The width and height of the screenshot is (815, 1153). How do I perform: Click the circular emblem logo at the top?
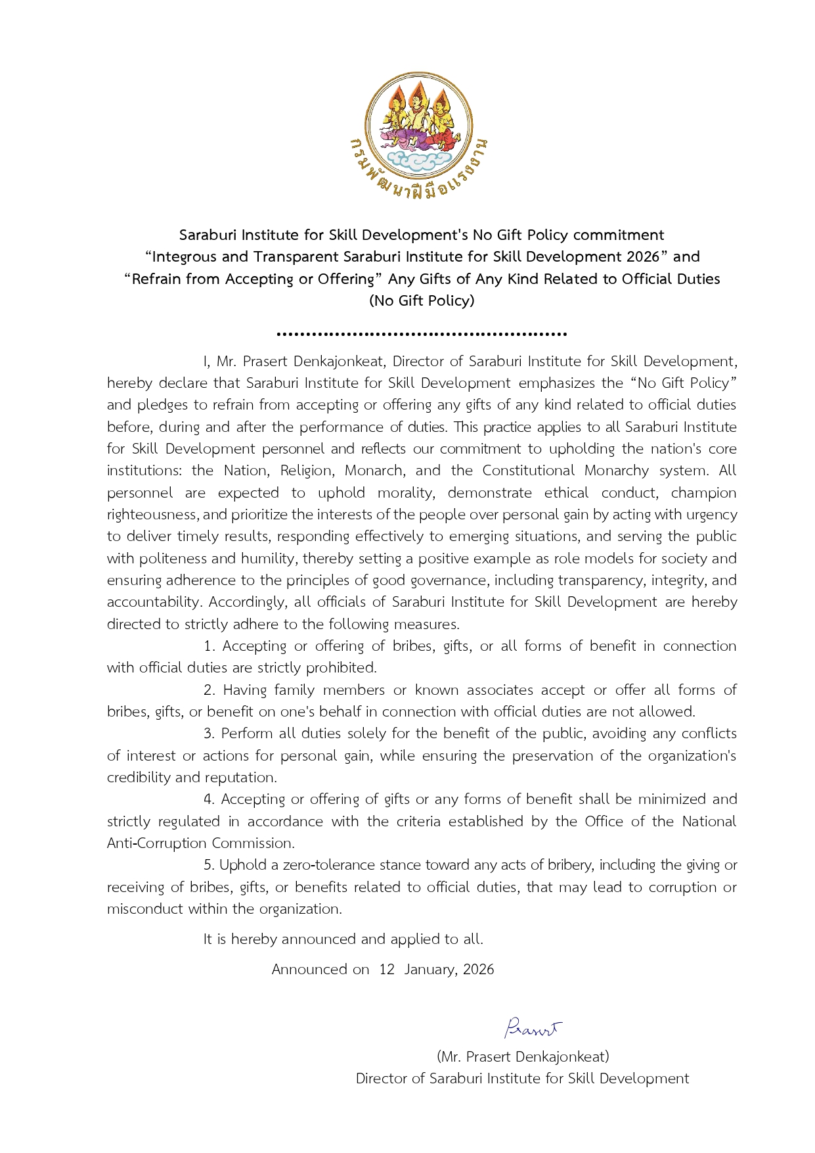pyautogui.click(x=419, y=126)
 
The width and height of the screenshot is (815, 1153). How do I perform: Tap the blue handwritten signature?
pyautogui.click(x=533, y=1027)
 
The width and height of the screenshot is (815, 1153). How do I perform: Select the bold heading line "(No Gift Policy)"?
pyautogui.click(x=422, y=301)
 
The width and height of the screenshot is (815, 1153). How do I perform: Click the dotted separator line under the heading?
pyautogui.click(x=422, y=334)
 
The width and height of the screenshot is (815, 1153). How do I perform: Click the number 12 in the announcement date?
pyautogui.click(x=386, y=970)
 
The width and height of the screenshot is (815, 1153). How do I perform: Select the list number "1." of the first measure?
pyautogui.click(x=209, y=646)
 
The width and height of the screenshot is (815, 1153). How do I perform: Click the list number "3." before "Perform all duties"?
pyautogui.click(x=209, y=734)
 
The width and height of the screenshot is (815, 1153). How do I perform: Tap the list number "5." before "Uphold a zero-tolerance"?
pyautogui.click(x=209, y=865)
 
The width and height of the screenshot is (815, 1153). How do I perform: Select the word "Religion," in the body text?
pyautogui.click(x=305, y=471)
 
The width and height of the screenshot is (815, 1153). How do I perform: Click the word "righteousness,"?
pyautogui.click(x=153, y=515)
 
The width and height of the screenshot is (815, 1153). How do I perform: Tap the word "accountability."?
pyautogui.click(x=154, y=602)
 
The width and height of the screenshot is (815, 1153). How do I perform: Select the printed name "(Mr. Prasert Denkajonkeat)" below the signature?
pyautogui.click(x=523, y=1057)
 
